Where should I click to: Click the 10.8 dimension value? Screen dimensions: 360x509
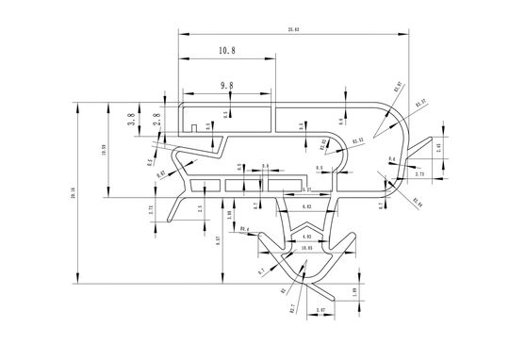226,49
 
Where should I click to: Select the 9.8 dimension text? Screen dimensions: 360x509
226,86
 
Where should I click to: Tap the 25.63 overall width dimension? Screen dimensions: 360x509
293,30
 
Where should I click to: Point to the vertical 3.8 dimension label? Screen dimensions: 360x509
132,119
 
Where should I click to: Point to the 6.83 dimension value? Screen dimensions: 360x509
307,205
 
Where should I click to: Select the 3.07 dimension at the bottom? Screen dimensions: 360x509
320,309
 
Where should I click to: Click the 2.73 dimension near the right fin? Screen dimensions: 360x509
420,173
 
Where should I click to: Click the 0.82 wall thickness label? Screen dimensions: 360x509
161,173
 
